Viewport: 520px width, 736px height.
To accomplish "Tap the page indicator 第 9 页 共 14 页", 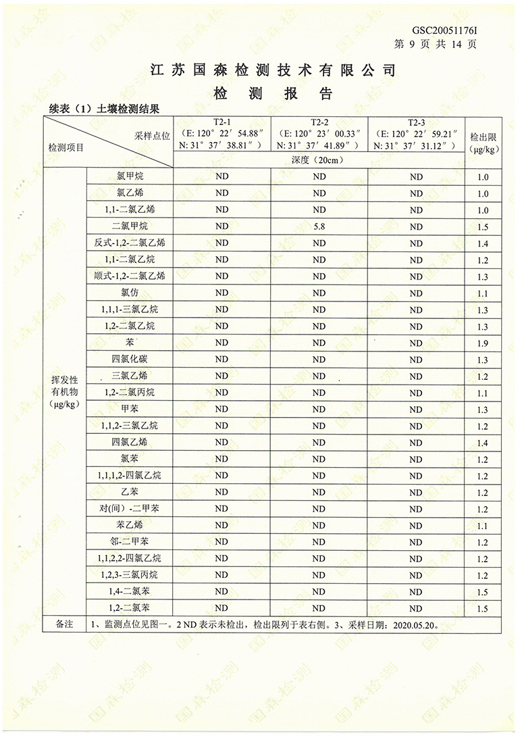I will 436,45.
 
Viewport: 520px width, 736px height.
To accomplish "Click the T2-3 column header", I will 416,122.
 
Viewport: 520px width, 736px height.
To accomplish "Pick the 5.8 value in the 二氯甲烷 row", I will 319,226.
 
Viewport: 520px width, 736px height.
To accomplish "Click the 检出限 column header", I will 483,142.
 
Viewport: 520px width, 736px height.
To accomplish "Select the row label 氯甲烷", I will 130,176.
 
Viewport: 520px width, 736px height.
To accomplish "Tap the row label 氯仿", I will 130,293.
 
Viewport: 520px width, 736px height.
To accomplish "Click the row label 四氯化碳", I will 130,359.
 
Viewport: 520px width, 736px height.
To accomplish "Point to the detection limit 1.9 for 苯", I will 482,343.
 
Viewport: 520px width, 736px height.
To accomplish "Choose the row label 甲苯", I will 130,409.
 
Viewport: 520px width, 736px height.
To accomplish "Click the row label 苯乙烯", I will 130,525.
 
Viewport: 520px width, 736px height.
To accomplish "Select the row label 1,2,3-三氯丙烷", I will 130,575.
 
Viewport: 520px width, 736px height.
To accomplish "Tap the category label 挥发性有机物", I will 65,392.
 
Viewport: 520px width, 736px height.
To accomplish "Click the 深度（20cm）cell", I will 319,160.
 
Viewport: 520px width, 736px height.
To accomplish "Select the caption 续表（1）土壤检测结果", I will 103,108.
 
